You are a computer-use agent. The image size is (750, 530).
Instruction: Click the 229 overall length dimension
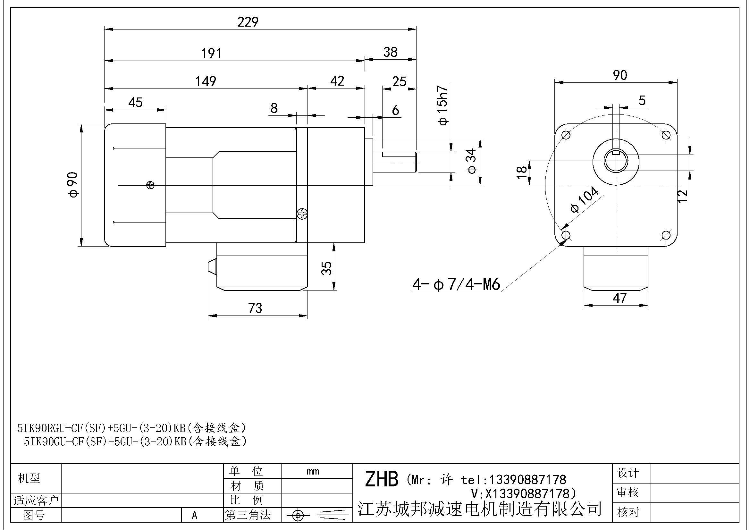248,22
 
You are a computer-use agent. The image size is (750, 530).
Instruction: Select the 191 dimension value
211,53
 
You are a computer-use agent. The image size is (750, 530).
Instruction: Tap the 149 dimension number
206,81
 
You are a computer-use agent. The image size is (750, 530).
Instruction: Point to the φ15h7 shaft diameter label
442,106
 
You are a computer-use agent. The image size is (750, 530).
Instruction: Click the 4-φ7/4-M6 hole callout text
456,285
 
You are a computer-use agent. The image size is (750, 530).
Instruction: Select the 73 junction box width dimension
255,308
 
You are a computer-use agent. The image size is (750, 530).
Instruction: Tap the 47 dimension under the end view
620,298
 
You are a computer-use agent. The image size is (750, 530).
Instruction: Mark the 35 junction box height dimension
327,268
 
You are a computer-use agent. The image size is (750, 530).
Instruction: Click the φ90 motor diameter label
73,185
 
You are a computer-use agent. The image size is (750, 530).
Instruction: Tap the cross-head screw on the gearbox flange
302,214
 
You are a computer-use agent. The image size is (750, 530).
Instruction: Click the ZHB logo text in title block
382,479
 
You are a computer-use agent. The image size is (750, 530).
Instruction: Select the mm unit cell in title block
313,471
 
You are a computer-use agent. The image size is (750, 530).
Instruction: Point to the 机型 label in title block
29,478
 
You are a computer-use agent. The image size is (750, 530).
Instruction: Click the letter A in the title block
195,515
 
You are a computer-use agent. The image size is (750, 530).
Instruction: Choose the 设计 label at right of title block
628,473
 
